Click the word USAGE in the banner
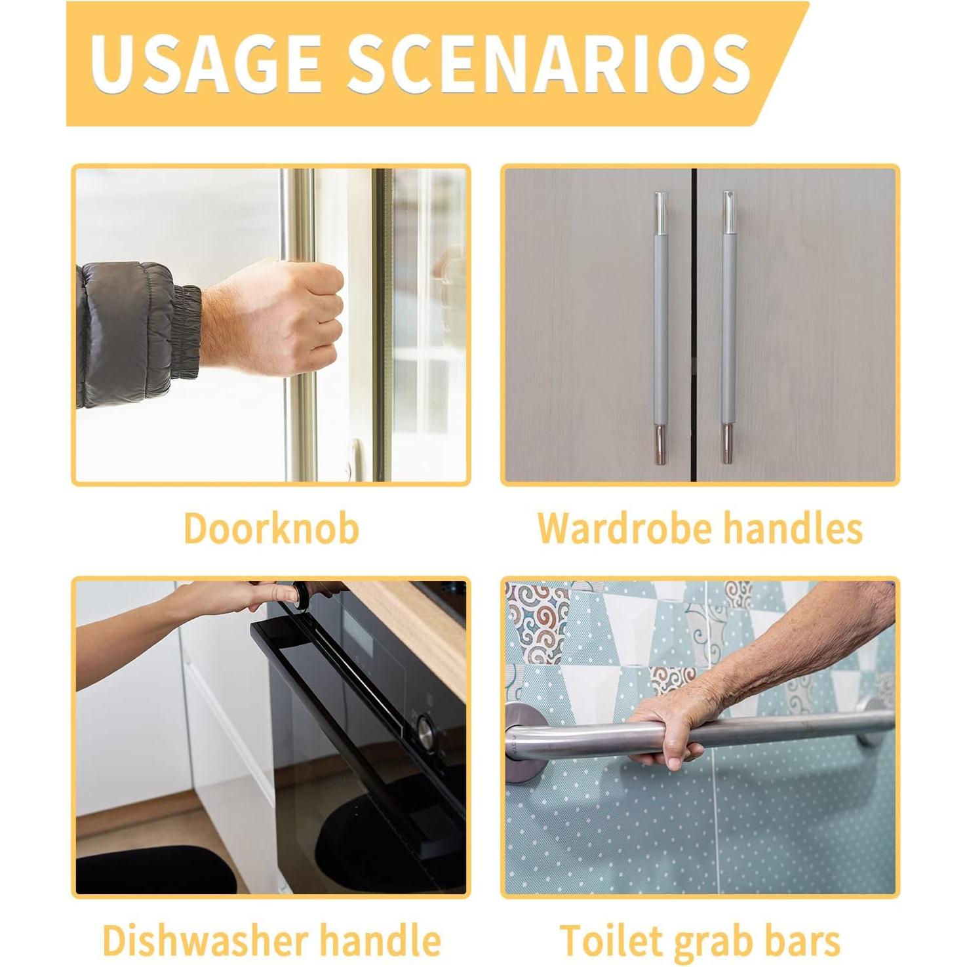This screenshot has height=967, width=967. [x=205, y=64]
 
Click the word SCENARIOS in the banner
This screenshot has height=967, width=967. [x=549, y=64]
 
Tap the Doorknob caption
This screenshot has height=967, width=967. [x=271, y=528]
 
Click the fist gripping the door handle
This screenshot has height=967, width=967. [x=288, y=315]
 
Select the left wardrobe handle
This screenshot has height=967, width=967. [x=660, y=328]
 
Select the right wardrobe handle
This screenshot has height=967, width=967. [x=728, y=328]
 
